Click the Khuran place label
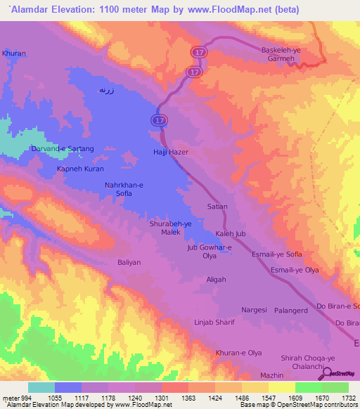click(x=13, y=53)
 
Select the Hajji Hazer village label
click(x=172, y=152)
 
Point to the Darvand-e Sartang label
click(x=63, y=149)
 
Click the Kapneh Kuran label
click(x=80, y=169)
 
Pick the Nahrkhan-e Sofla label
click(x=124, y=188)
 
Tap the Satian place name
click(x=218, y=207)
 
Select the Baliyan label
click(x=129, y=262)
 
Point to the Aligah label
click(x=216, y=279)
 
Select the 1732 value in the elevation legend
click(x=347, y=398)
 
